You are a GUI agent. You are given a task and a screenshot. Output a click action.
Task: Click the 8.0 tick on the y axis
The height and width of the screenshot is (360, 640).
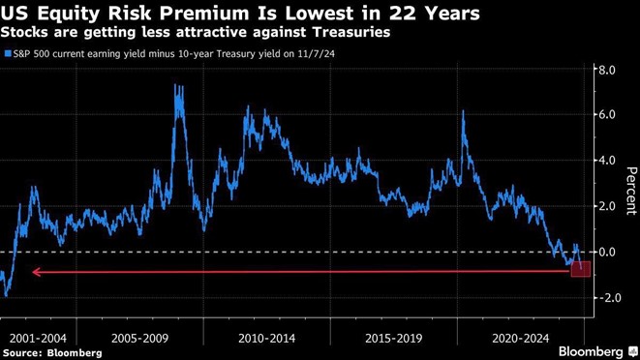tap(607, 71)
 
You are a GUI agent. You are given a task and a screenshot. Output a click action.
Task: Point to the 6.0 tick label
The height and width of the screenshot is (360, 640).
tap(607, 115)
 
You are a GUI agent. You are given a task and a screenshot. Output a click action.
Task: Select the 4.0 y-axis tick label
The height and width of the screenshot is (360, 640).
tap(607, 161)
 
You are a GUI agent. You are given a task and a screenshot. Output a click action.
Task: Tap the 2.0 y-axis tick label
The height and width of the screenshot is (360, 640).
tap(607, 206)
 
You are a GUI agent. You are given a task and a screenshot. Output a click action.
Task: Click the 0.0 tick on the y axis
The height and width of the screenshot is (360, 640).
tap(607, 252)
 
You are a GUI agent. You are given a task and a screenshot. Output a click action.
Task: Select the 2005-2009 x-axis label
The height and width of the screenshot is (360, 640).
tap(140, 338)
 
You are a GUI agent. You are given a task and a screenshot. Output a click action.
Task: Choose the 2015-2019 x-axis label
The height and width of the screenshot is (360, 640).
tap(395, 338)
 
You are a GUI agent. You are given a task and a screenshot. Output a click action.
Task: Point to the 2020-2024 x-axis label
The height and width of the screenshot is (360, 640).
tap(521, 338)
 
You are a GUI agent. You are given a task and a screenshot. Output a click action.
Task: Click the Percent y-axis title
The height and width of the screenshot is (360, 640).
tap(630, 191)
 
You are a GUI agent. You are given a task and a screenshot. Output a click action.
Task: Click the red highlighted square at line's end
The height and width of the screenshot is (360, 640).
tap(580, 268)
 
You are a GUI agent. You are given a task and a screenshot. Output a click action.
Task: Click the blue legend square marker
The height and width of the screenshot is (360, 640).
tap(8, 54)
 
